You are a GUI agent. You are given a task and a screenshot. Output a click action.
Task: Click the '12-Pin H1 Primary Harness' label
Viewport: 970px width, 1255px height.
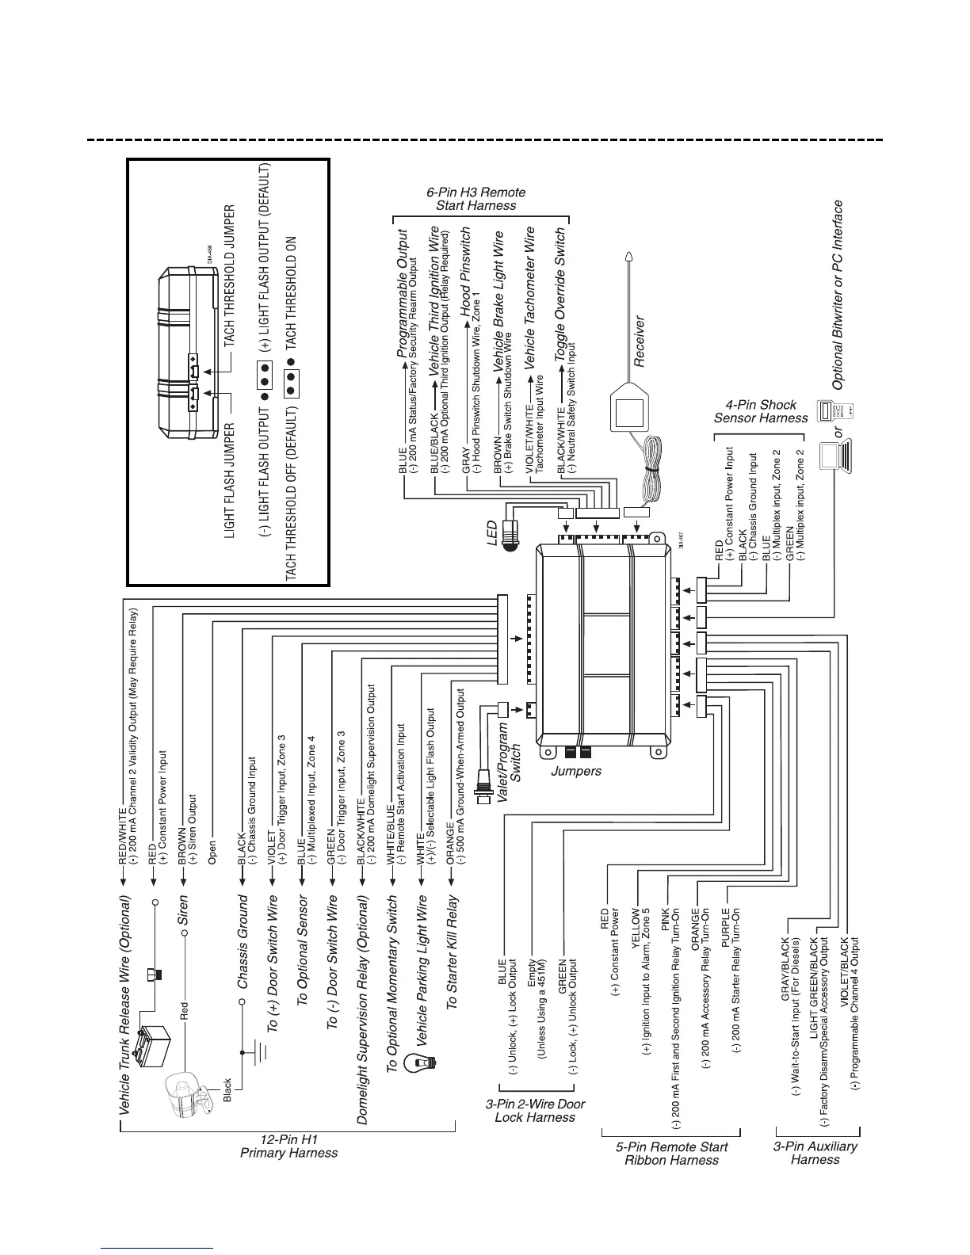coord(288,1146)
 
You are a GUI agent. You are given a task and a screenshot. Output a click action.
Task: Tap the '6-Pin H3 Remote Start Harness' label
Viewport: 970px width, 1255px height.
coord(476,199)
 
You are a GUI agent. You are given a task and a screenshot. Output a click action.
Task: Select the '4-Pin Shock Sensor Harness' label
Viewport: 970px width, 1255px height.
coord(761,411)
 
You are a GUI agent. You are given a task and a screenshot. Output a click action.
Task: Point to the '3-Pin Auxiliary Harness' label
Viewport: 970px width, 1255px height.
coord(815,1153)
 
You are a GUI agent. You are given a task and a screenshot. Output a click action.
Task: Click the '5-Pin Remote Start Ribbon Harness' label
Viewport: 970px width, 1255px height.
coord(671,1154)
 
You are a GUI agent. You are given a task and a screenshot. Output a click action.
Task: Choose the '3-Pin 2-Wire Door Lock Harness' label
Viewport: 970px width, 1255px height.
coord(535,1111)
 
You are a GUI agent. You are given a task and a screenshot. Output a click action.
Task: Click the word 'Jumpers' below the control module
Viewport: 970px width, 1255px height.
coord(576,771)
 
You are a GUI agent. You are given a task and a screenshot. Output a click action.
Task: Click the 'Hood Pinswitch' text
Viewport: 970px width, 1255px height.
coord(466,269)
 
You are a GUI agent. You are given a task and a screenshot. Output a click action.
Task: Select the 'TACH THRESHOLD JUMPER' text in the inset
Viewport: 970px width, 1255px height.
coord(229,274)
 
